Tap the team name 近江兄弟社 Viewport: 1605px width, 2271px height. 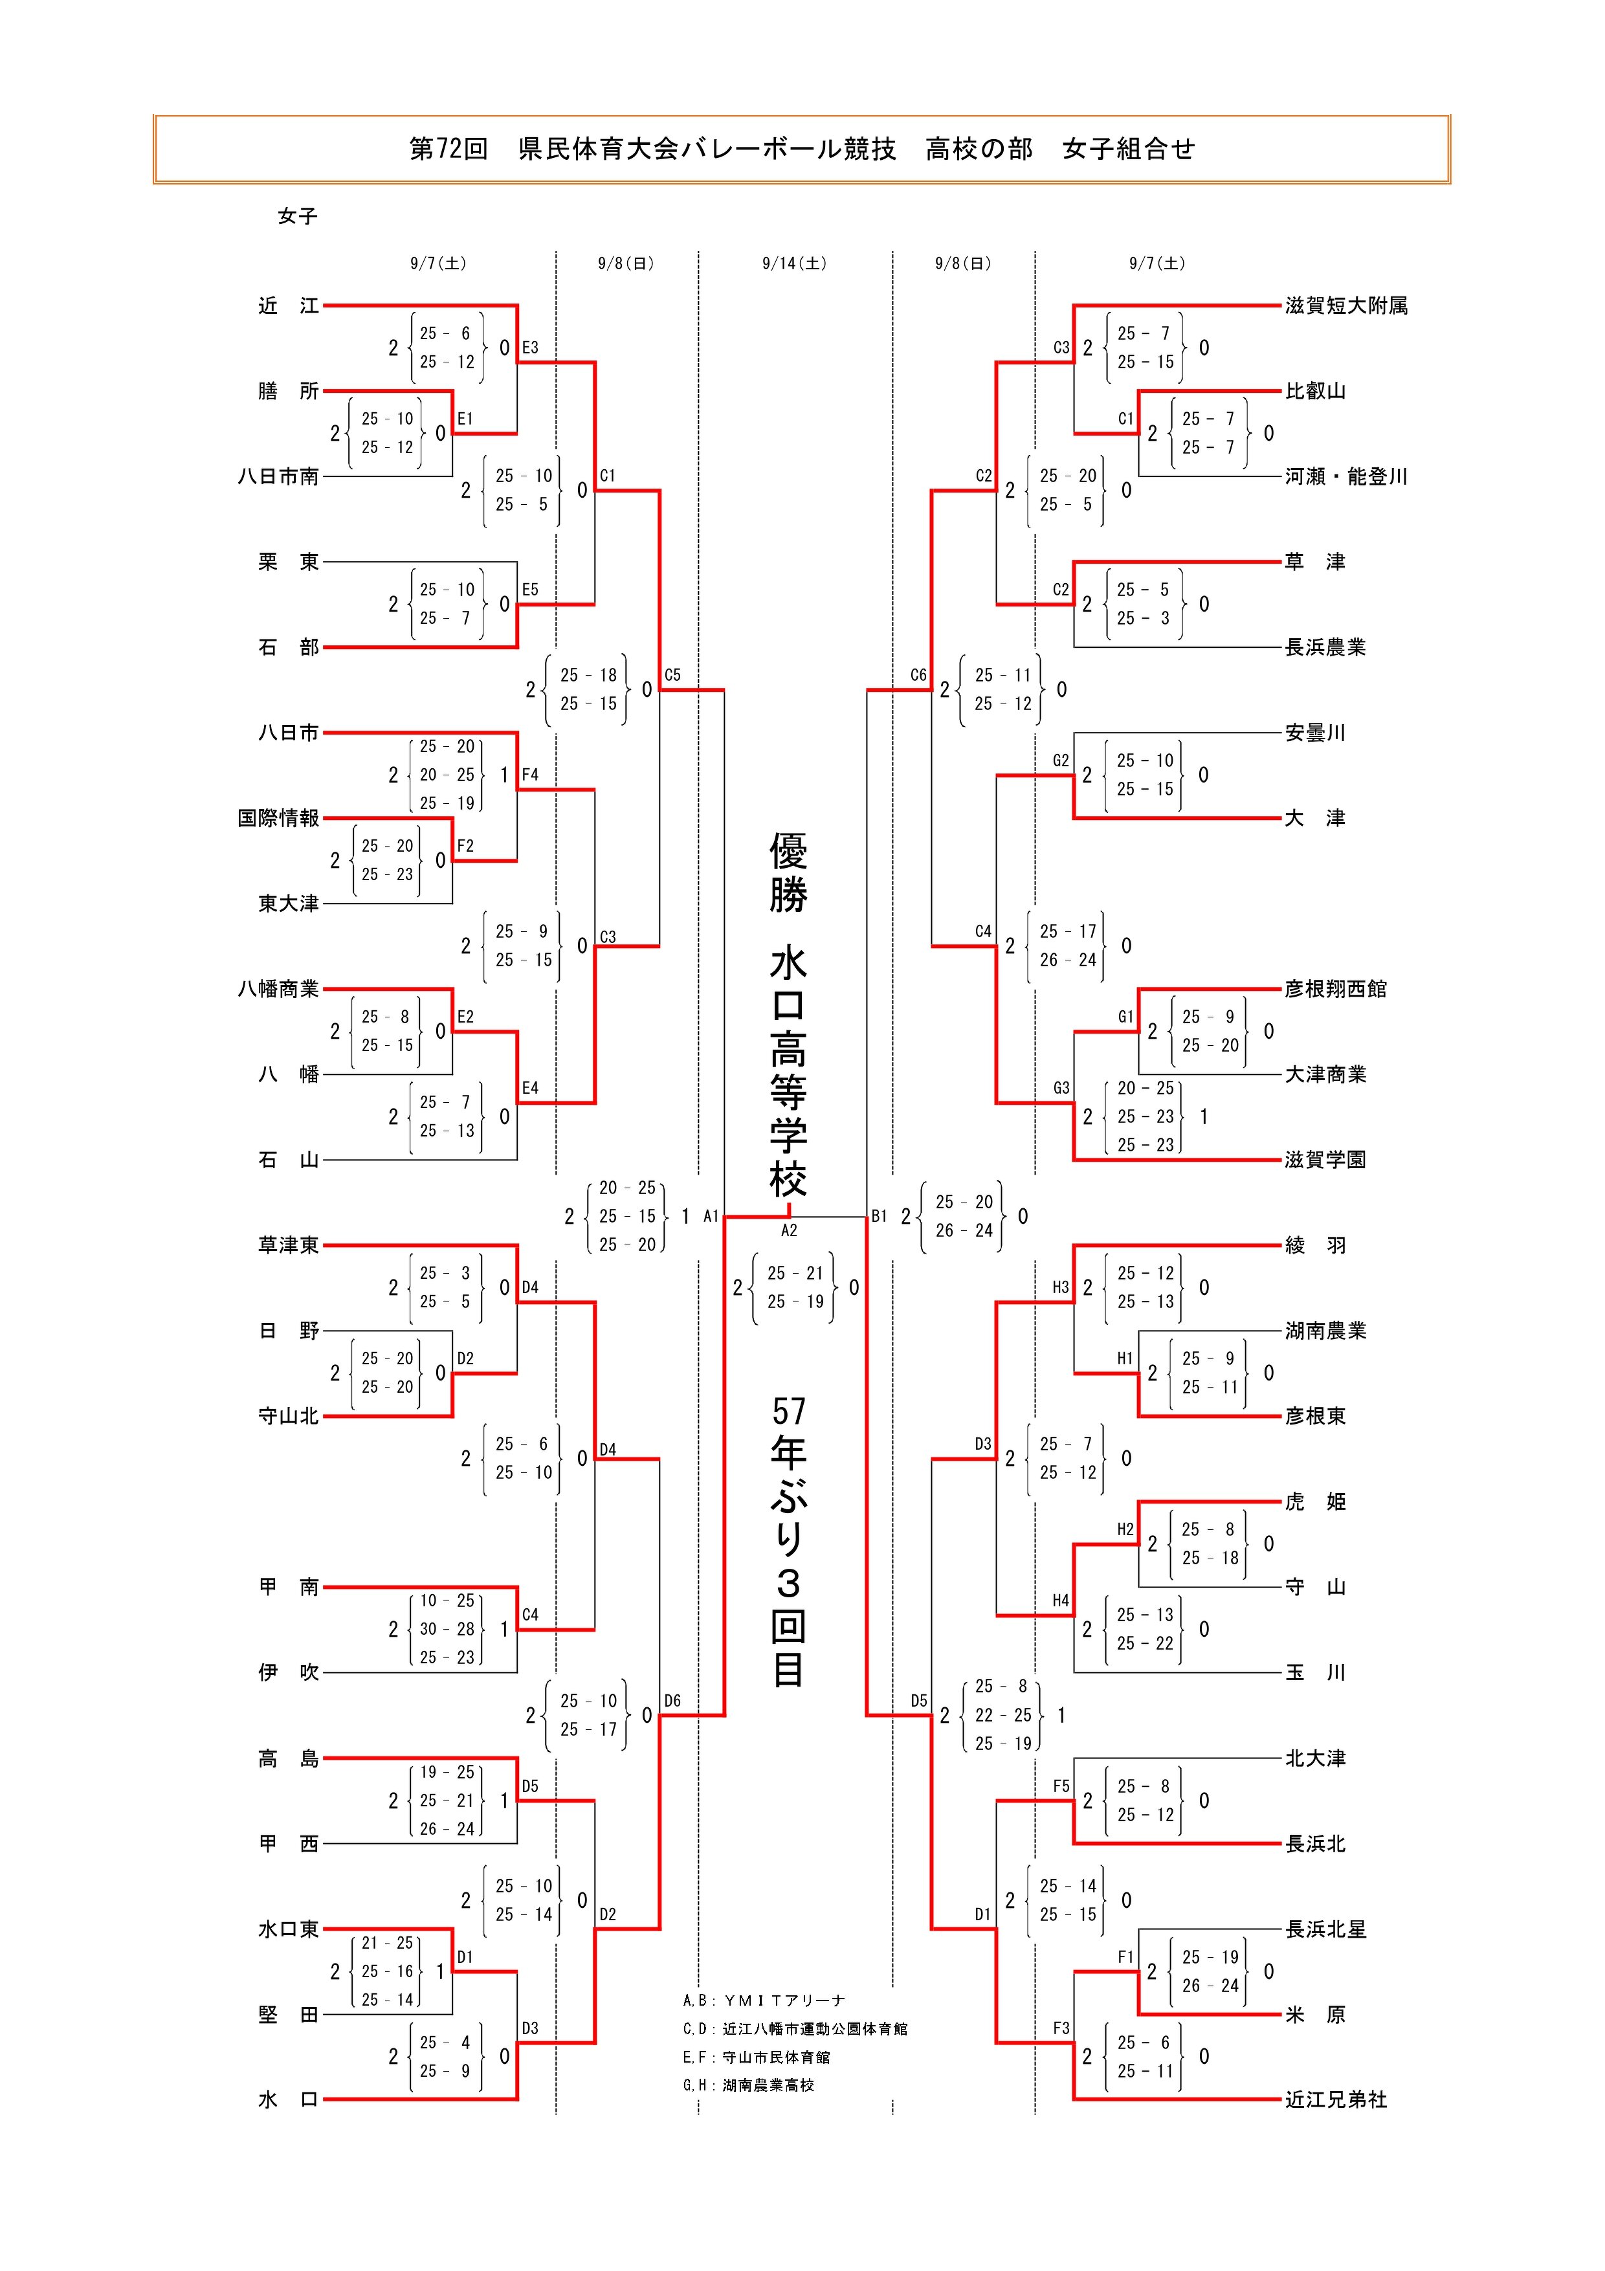[1336, 2099]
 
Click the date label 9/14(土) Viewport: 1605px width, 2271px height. [794, 263]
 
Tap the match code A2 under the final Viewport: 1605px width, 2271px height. [789, 1230]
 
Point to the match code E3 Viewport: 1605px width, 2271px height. [530, 347]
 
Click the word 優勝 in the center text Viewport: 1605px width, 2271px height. [789, 871]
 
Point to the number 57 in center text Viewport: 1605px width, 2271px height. [789, 1410]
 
